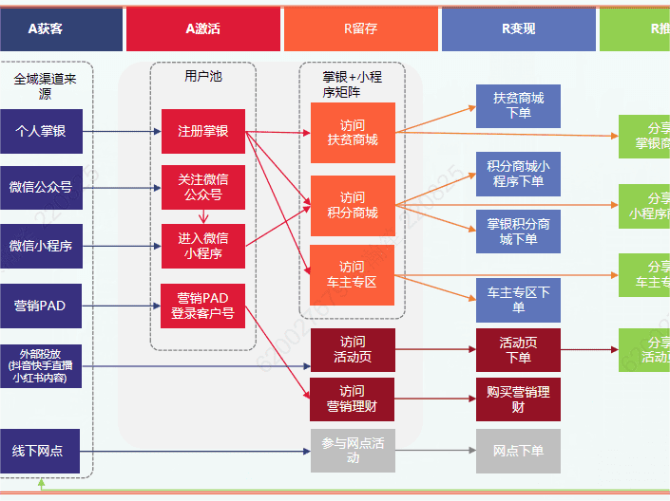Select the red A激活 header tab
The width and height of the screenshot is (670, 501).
[x=202, y=28]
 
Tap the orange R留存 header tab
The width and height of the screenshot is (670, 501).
[x=360, y=28]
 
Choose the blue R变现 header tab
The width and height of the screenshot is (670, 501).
[x=518, y=28]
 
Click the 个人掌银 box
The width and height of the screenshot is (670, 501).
[x=41, y=131]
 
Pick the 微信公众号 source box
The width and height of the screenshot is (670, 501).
[x=41, y=187]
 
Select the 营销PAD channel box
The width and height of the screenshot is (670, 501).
[x=41, y=306]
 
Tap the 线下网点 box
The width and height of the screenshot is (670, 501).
[x=39, y=451]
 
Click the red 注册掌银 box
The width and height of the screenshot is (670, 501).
[x=202, y=131]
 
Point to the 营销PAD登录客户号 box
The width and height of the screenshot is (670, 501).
[x=202, y=306]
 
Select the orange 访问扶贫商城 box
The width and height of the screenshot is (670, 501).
[x=353, y=132]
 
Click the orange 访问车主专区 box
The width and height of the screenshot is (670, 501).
[x=353, y=274]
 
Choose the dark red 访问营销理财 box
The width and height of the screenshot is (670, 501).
[x=353, y=399]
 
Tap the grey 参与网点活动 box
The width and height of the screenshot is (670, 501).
[x=353, y=451]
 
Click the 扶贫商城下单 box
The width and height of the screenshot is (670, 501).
[x=518, y=105]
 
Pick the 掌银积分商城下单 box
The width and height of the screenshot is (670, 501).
[x=518, y=232]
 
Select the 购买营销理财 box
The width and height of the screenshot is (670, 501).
[x=518, y=399]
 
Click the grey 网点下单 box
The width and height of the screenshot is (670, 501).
[x=518, y=451]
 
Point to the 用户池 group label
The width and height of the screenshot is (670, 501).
[x=202, y=75]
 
